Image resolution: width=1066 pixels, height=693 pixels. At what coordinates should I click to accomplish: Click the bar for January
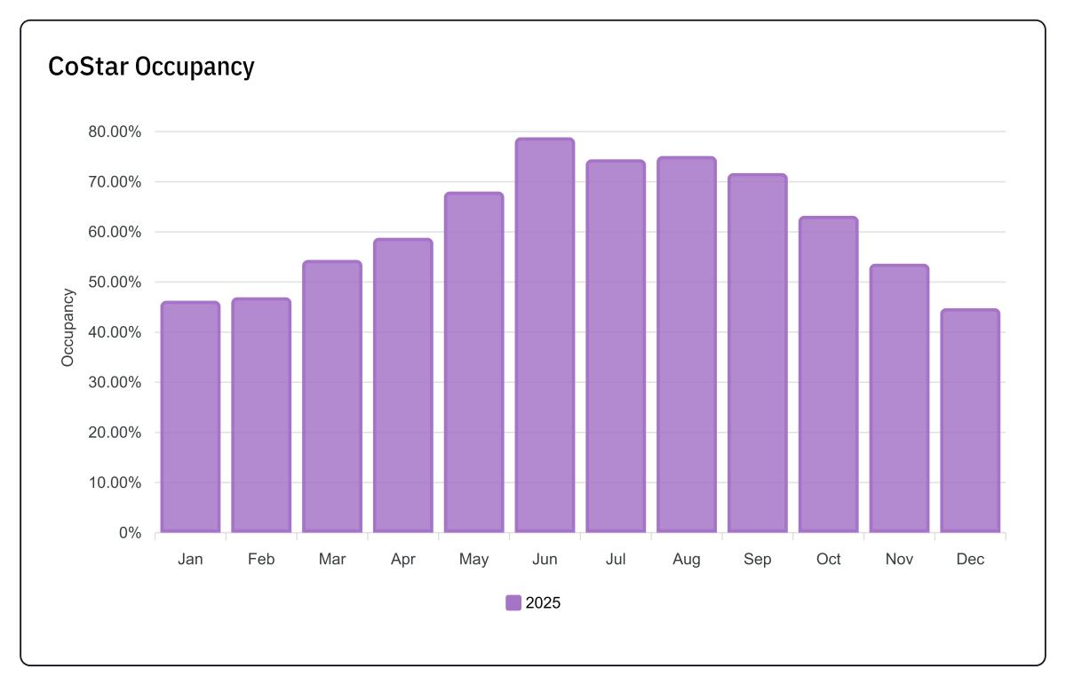[x=190, y=418]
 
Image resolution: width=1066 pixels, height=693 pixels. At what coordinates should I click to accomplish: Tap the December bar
[x=970, y=421]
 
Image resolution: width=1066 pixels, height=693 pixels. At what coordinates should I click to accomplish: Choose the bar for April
[x=402, y=386]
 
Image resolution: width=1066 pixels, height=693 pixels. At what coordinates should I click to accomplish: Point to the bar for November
[x=899, y=399]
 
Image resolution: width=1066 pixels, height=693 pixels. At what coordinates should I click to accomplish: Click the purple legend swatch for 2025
[x=513, y=603]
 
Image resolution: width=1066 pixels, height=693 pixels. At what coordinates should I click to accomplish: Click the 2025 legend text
[x=543, y=603]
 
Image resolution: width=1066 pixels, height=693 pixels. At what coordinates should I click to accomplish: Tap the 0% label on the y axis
[x=130, y=533]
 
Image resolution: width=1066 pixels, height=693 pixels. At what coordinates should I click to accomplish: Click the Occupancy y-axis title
[x=68, y=327]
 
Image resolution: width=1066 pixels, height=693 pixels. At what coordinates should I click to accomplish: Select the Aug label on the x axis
[x=687, y=560]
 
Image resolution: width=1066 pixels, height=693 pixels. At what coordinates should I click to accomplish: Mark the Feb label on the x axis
[x=261, y=560]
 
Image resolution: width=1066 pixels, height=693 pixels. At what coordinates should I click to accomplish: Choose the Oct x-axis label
[x=828, y=560]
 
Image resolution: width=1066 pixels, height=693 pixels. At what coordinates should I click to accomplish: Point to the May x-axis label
[x=473, y=560]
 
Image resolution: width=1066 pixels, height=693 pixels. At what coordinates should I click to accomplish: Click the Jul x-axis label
[x=616, y=560]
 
